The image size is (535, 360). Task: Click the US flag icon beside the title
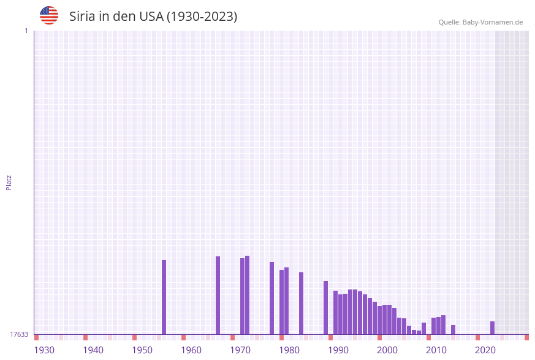click(x=49, y=15)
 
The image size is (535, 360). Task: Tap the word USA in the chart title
click(x=151, y=17)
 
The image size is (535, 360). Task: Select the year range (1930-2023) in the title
click(x=202, y=17)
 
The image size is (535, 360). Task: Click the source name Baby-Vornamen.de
click(x=493, y=22)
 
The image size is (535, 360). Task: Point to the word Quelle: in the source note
click(x=449, y=22)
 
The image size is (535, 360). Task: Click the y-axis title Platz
click(x=9, y=182)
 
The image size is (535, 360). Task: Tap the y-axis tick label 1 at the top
click(x=26, y=31)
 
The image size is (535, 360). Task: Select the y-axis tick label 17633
click(x=19, y=334)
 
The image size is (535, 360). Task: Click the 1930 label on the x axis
click(x=44, y=350)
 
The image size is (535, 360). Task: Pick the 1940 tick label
click(x=93, y=350)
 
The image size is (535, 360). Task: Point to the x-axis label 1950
click(x=142, y=350)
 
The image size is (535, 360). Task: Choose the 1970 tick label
click(x=240, y=350)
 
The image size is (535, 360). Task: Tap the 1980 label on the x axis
click(x=289, y=350)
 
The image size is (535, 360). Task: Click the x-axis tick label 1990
click(x=338, y=350)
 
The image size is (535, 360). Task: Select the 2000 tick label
click(x=387, y=350)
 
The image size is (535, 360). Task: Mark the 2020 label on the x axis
click(x=485, y=350)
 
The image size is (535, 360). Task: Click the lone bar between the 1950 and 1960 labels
click(x=164, y=297)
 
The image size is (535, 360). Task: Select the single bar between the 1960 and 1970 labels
click(x=218, y=295)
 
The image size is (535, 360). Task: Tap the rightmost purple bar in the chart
click(x=492, y=328)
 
